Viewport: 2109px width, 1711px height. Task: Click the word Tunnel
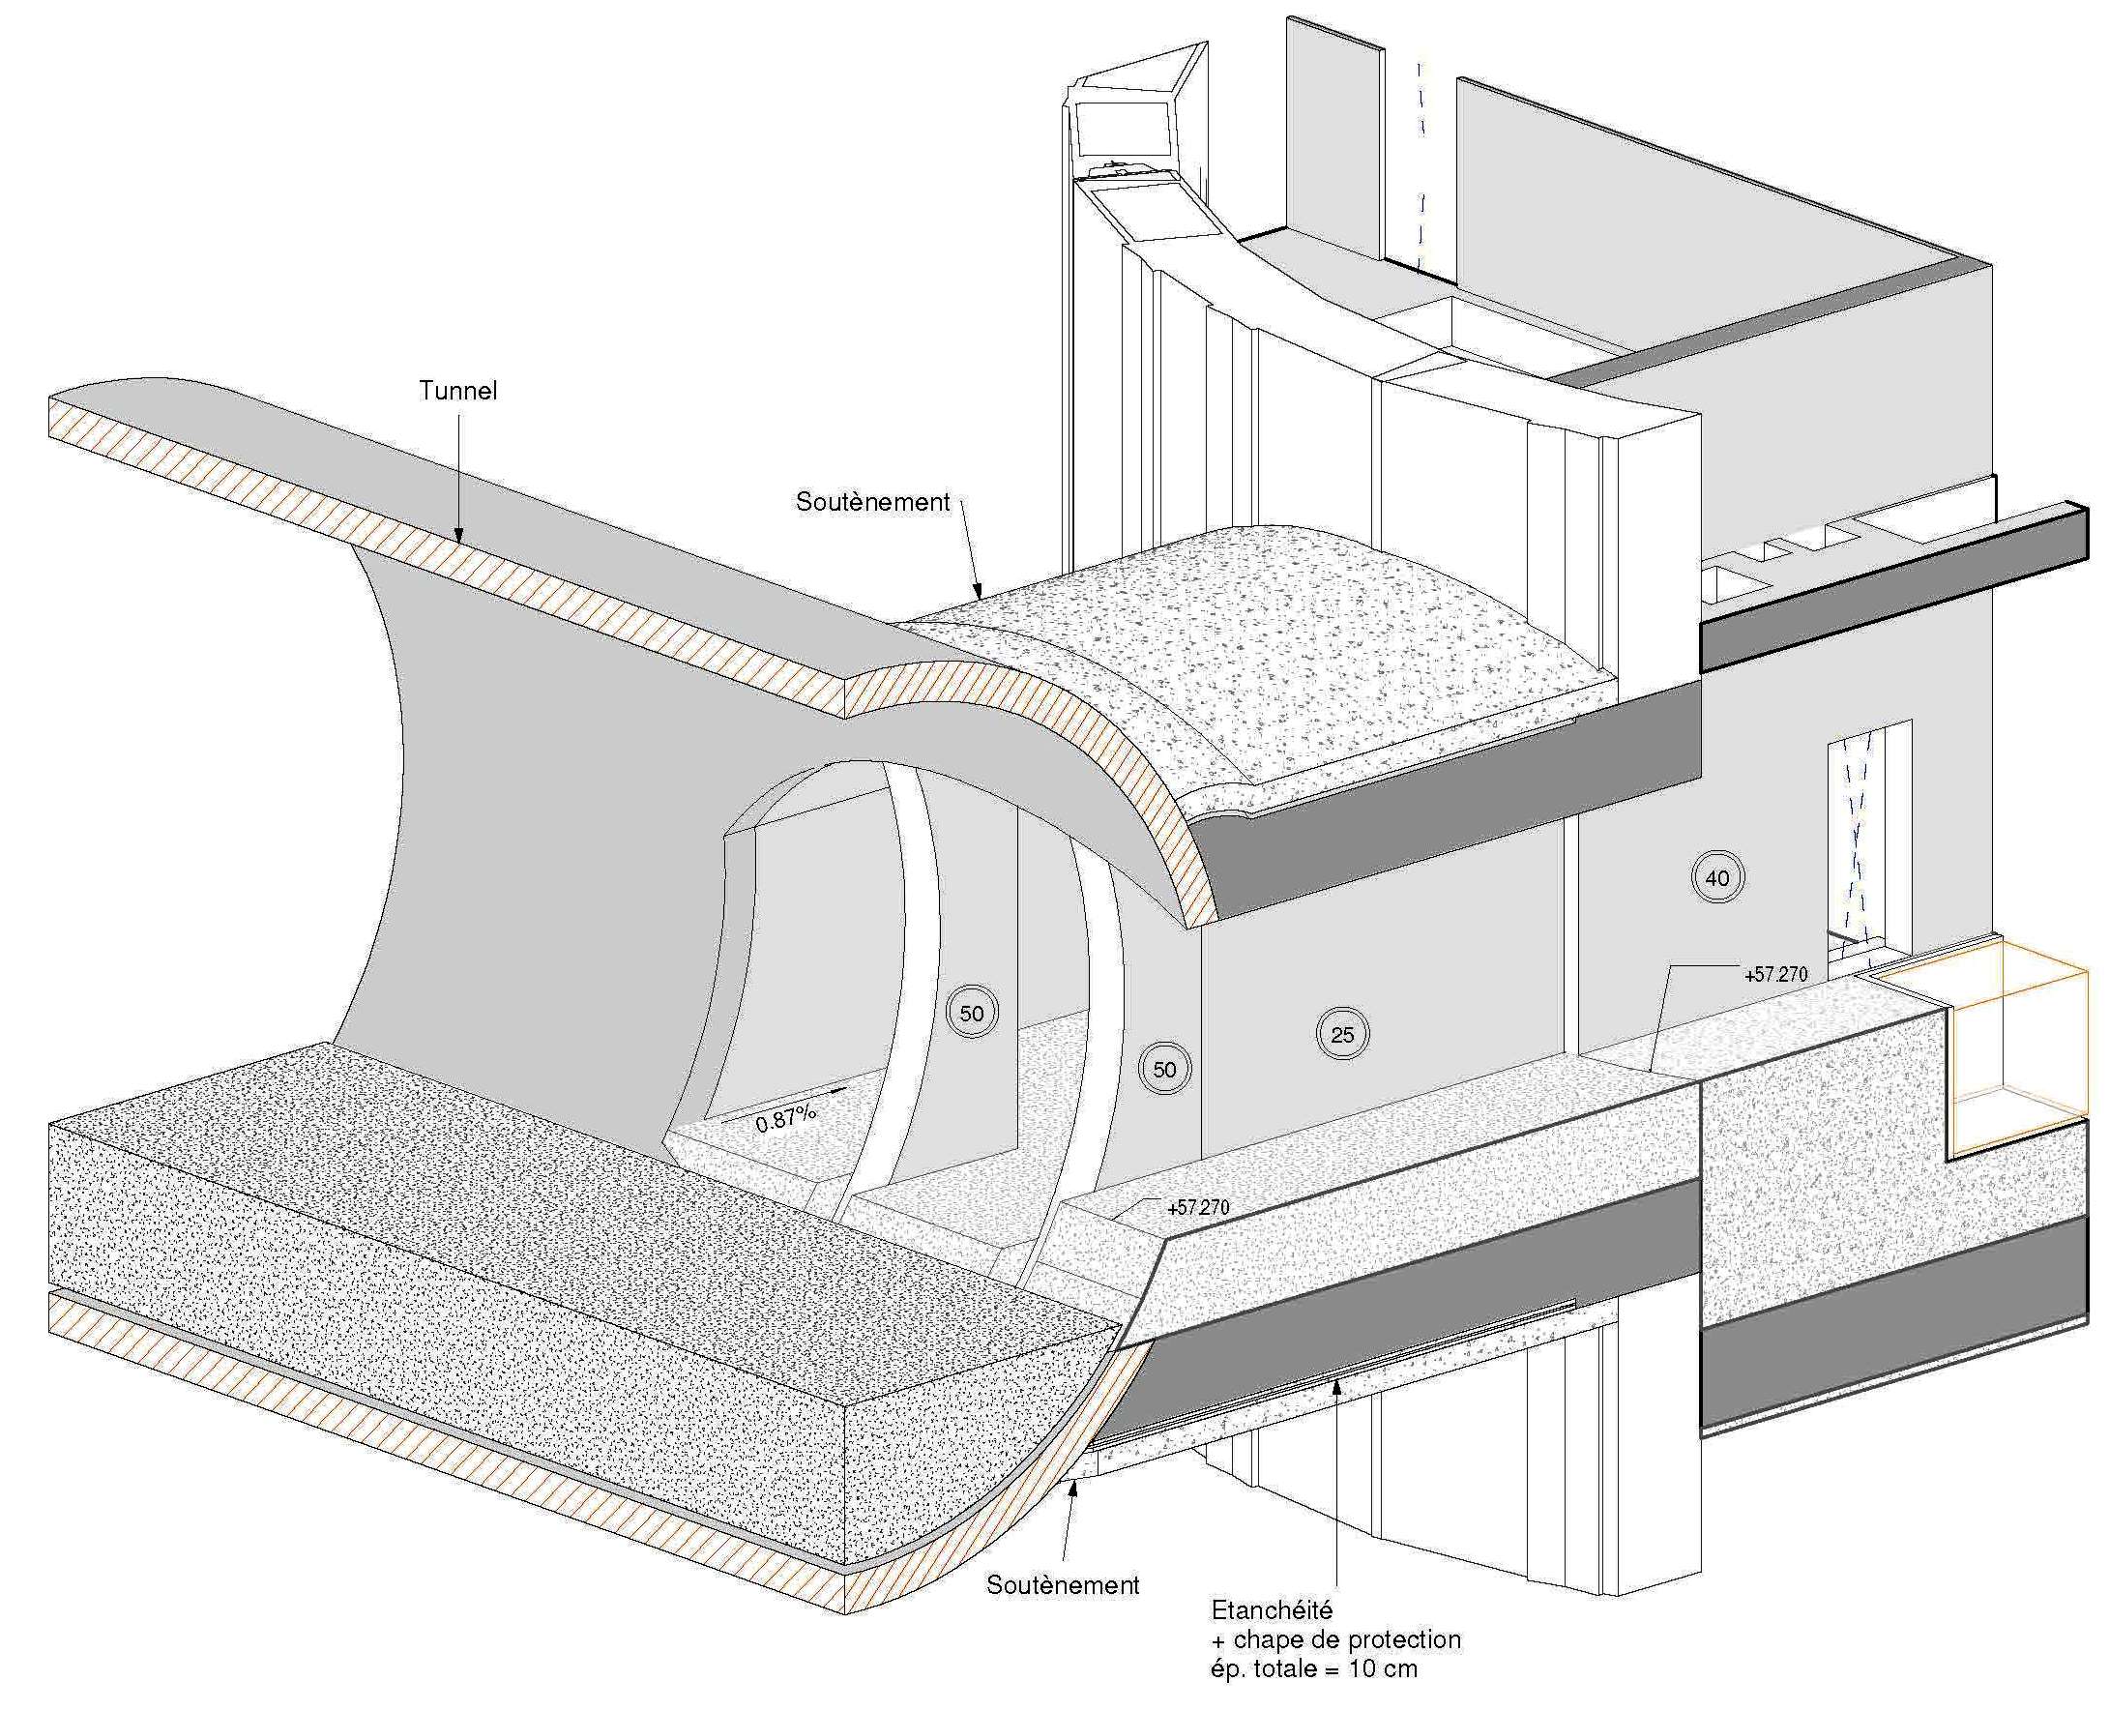457,391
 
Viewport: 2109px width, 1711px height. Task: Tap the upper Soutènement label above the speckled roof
872,502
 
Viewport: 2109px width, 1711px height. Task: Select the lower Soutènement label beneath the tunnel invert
1063,1585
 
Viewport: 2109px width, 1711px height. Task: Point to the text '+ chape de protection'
1335,1640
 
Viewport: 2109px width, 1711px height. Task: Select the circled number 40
1716,877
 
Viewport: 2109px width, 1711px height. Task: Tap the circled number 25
1341,1035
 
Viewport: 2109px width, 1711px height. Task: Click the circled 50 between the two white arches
971,1014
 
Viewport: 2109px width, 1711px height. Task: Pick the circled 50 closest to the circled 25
1164,1070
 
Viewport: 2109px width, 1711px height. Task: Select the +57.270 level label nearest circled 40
1776,975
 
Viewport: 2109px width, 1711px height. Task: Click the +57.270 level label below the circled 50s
1197,1207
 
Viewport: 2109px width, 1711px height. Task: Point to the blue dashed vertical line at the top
1421,158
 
